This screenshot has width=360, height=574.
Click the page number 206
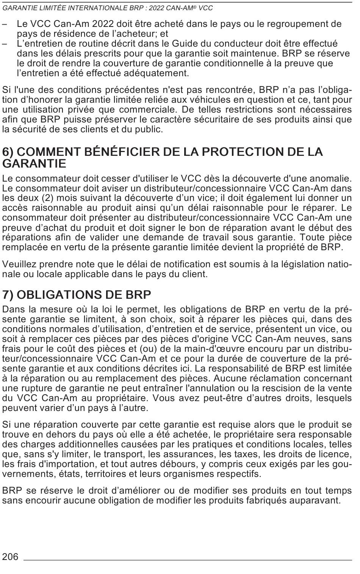10,557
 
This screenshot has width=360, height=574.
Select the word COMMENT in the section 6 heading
50,152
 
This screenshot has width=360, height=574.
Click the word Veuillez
19,264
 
